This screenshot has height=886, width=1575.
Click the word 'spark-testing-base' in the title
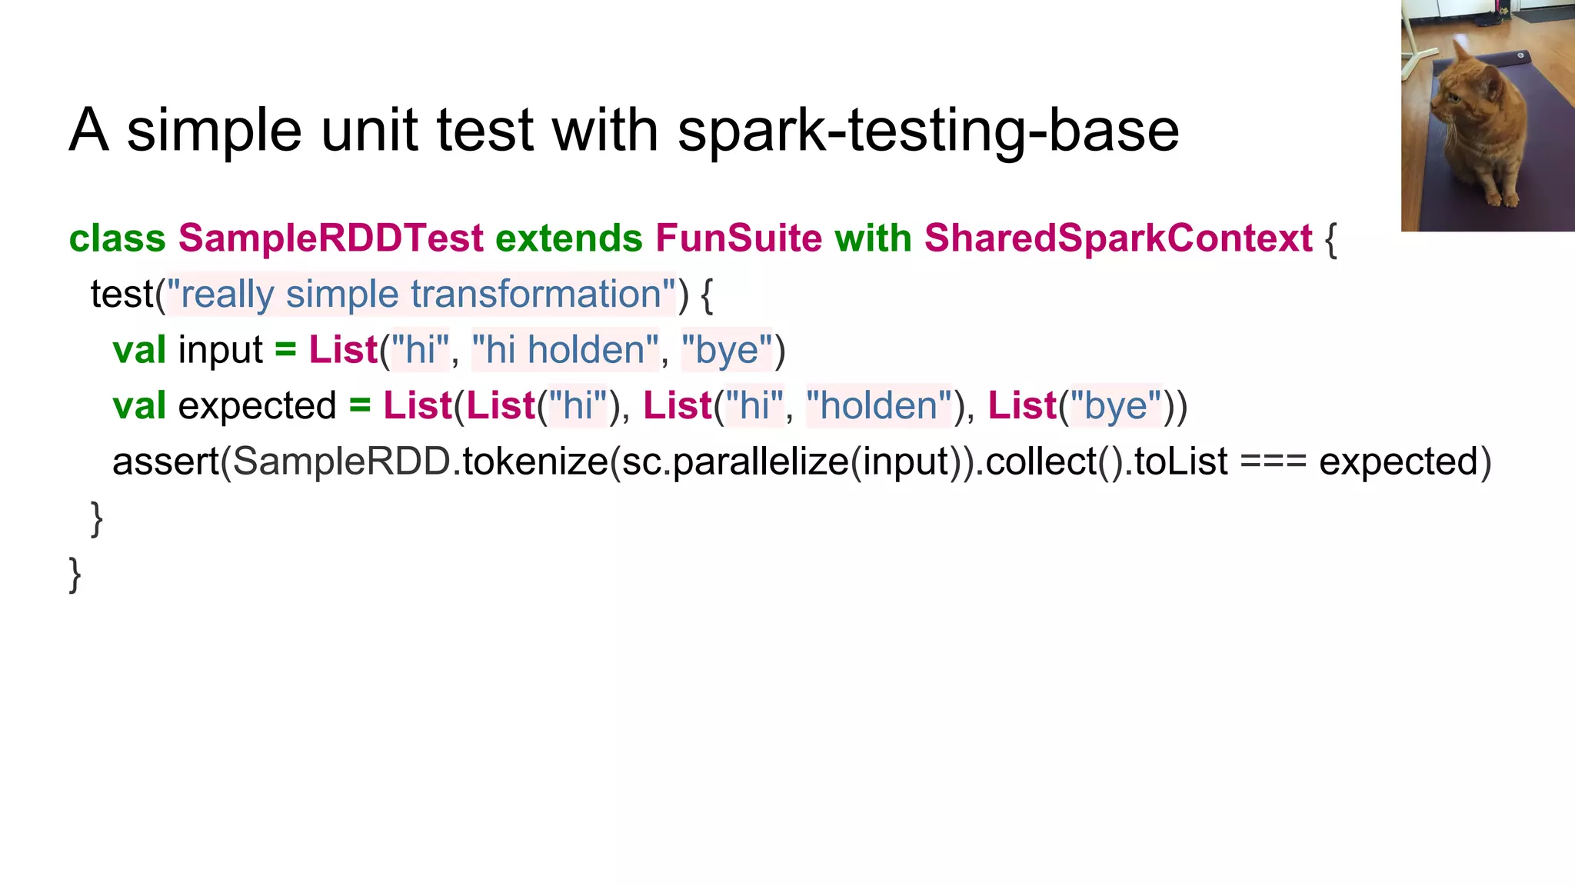[x=928, y=131]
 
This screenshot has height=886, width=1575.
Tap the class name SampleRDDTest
[x=331, y=238]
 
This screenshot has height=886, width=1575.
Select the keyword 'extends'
[x=569, y=238]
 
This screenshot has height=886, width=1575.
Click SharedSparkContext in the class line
[x=1118, y=238]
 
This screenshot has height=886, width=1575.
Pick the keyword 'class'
[x=117, y=238]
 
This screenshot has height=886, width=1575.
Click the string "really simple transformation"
[x=421, y=295]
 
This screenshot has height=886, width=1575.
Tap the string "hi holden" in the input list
[x=565, y=350]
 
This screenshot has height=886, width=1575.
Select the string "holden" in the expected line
[x=879, y=406]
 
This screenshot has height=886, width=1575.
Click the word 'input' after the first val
[x=221, y=351]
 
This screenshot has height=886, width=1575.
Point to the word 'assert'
[x=166, y=461]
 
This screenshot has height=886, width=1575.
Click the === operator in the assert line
[x=1273, y=461]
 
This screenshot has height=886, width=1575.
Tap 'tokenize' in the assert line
[x=535, y=461]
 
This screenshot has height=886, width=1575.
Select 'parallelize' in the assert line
[x=760, y=461]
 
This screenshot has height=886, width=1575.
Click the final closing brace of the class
[x=75, y=574]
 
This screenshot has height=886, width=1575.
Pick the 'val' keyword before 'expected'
[x=139, y=406]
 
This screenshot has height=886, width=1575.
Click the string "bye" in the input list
[x=726, y=350]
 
